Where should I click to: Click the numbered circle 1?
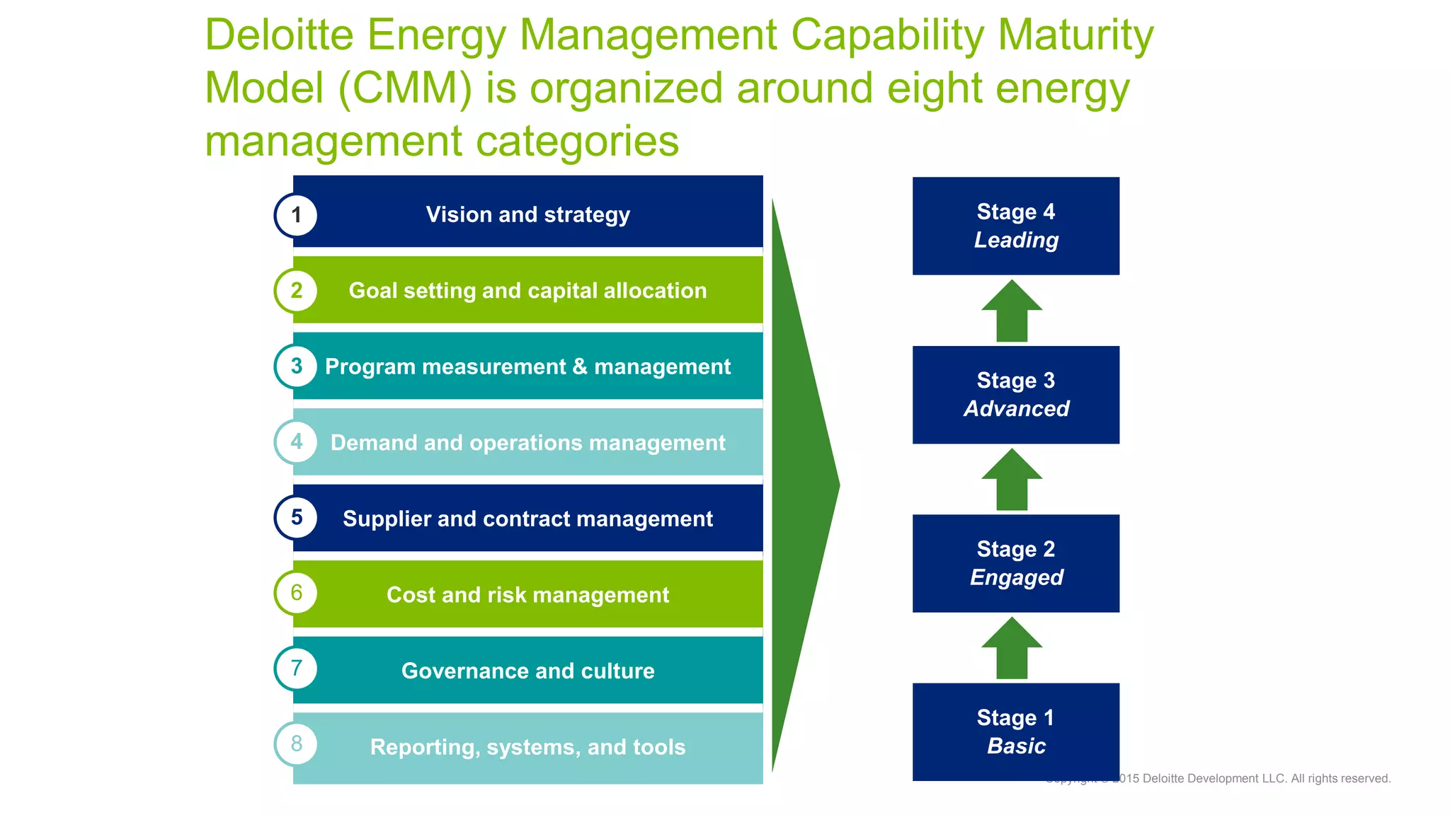pos(296,215)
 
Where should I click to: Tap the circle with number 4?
pos(296,442)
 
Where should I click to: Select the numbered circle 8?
pos(296,744)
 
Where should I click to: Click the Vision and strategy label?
pos(527,214)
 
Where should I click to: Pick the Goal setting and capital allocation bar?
pos(527,291)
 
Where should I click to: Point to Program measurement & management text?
pos(527,366)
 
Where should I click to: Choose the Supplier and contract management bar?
pos(527,519)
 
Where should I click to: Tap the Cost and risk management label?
pos(527,595)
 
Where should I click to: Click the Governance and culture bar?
pos(527,671)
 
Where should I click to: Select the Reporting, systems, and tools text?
pos(527,747)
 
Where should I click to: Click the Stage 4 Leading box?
pos(1015,226)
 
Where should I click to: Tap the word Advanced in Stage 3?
pos(1016,409)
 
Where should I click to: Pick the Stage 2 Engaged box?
pos(1015,563)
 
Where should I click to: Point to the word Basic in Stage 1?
pos(1016,746)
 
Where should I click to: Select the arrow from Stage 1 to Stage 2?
pos(1012,649)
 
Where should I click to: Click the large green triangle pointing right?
pos(800,485)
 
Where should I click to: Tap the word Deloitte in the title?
pos(279,35)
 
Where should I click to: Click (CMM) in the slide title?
pos(405,88)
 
